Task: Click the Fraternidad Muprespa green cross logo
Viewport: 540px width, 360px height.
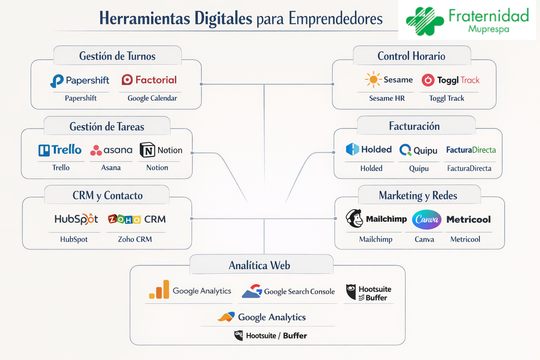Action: point(425,21)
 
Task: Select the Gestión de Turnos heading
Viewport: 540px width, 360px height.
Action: point(117,56)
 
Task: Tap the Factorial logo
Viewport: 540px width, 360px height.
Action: point(149,80)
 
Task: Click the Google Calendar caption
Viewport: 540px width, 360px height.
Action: point(152,98)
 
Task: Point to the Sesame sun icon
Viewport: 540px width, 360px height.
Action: point(373,79)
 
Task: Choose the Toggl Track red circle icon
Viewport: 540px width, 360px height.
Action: point(428,80)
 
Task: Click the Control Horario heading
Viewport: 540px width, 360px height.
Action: point(411,56)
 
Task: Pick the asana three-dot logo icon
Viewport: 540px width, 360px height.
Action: point(96,150)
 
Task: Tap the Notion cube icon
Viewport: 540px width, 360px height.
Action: point(147,150)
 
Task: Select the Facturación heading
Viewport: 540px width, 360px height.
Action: point(414,126)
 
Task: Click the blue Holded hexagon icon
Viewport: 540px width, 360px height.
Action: point(352,149)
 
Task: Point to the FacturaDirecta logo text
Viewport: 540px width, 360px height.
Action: point(471,150)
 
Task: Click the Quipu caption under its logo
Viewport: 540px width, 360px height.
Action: point(419,168)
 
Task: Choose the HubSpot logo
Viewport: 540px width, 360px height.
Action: point(76,219)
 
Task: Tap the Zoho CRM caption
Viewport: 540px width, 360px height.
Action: point(135,239)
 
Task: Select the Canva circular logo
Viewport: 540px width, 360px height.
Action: point(426,219)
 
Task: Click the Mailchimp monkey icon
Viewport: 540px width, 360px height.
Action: point(354,218)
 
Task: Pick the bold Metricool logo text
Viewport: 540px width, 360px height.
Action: point(468,220)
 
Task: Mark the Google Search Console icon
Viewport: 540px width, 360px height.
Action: point(252,291)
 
